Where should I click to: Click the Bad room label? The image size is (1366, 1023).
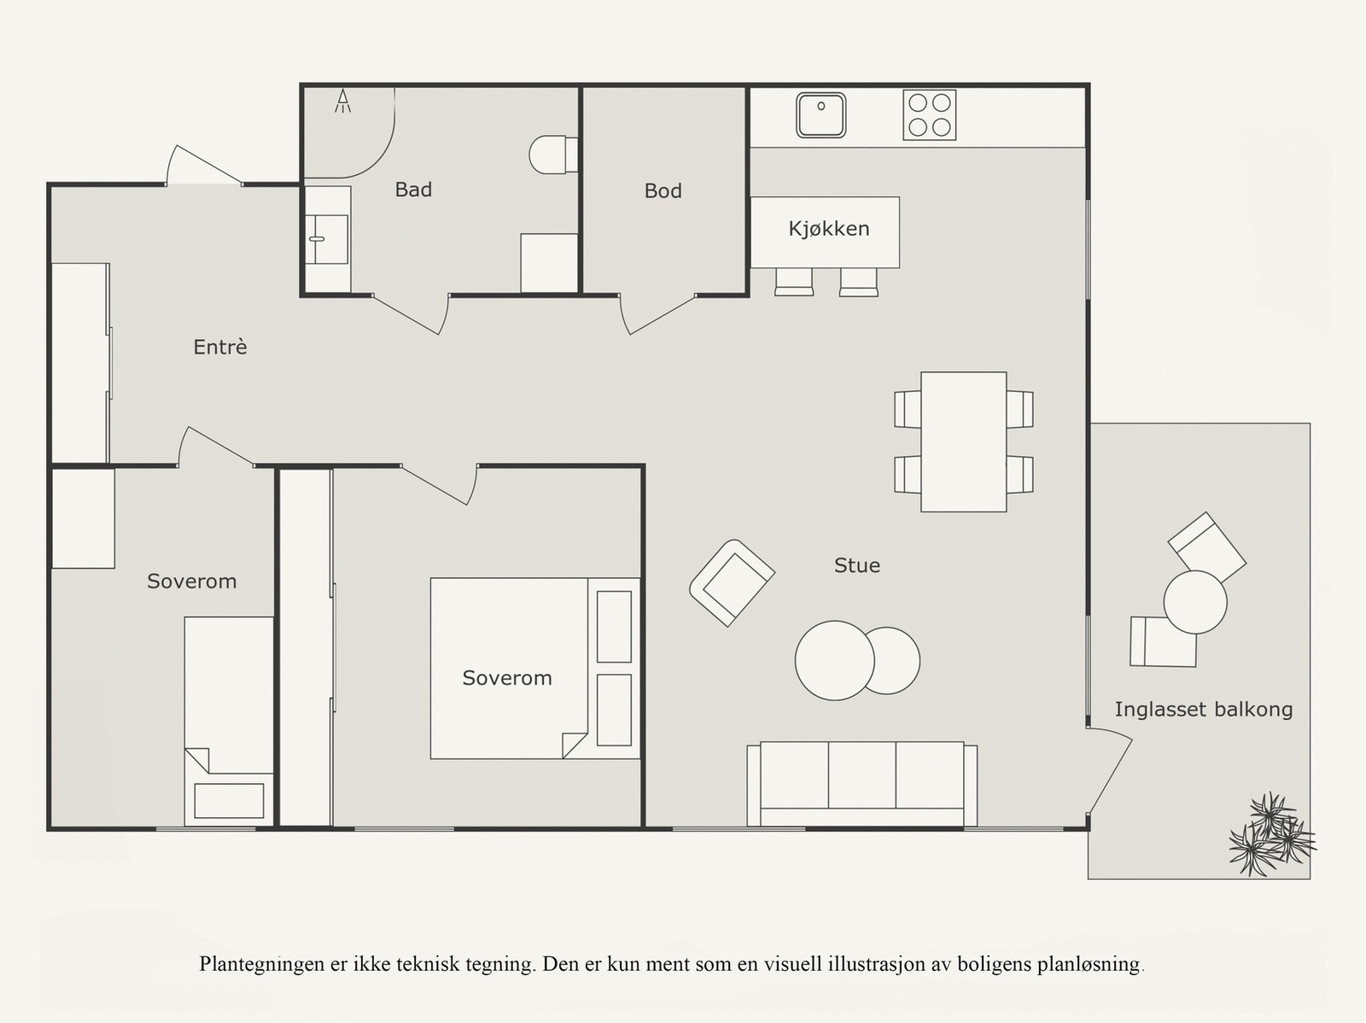point(413,190)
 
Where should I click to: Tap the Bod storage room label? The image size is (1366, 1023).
point(663,191)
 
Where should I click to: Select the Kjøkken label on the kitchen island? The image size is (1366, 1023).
point(829,229)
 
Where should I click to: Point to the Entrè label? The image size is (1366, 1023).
point(220,347)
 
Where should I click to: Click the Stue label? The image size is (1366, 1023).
point(857,565)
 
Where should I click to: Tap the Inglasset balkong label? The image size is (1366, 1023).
point(1204,710)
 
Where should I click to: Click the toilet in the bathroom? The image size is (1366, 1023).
point(553,155)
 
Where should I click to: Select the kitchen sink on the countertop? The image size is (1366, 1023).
point(821,115)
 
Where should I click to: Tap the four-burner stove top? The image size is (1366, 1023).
point(930,115)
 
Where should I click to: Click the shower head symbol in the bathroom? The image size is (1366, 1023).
point(343,102)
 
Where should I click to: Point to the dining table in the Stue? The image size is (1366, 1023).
point(963,441)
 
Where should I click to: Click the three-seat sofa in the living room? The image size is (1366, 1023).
point(862,784)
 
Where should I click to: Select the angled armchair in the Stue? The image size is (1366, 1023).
point(732,583)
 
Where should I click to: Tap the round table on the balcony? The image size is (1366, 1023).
point(1195,602)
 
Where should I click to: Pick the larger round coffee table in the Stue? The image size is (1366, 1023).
point(834,660)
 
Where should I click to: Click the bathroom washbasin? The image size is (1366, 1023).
point(327,239)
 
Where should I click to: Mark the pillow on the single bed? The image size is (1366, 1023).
point(229,801)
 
